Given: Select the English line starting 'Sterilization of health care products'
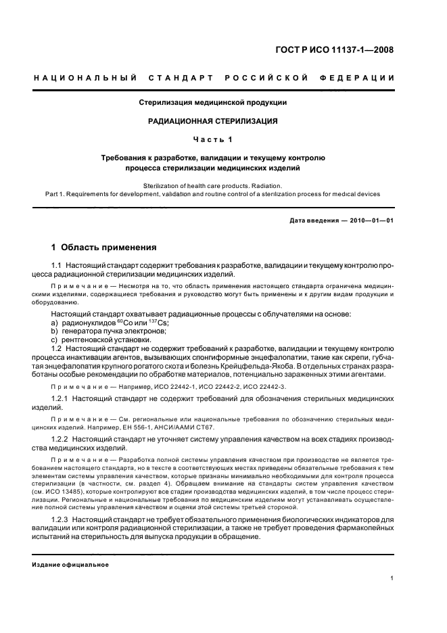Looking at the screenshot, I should (213, 185).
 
